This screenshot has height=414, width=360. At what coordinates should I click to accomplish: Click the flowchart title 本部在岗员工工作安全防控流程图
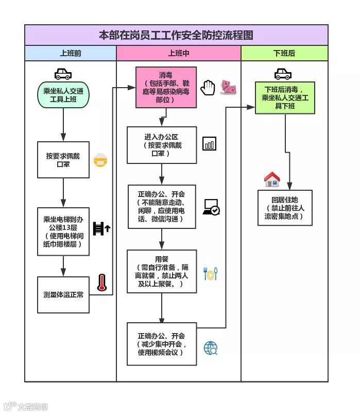[176, 35]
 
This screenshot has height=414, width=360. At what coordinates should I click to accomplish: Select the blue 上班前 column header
[71, 54]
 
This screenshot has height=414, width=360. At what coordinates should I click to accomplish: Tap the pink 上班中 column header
[179, 54]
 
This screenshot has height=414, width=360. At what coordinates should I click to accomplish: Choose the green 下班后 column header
[284, 54]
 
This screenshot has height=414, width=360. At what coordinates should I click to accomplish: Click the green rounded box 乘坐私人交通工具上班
[63, 95]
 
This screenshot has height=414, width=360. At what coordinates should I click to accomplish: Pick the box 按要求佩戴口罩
[63, 160]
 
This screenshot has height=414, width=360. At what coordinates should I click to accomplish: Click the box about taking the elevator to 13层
[63, 231]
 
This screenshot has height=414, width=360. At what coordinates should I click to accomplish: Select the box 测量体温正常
[63, 295]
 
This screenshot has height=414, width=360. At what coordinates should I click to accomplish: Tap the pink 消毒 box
[166, 87]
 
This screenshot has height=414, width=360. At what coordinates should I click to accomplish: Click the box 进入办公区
[162, 145]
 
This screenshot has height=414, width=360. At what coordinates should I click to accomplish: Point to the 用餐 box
[162, 271]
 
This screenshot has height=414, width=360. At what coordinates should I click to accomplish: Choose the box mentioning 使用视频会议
[162, 343]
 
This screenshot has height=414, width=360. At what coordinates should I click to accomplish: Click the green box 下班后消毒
[285, 97]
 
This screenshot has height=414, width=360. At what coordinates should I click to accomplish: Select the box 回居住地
[285, 207]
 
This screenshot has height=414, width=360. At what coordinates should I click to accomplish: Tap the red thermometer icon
[102, 283]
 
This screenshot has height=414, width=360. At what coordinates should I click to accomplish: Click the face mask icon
[100, 160]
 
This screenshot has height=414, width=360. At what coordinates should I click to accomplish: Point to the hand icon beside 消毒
[208, 88]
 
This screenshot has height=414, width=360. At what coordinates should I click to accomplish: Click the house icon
[272, 179]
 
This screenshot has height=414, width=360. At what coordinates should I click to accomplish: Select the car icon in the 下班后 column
[283, 74]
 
